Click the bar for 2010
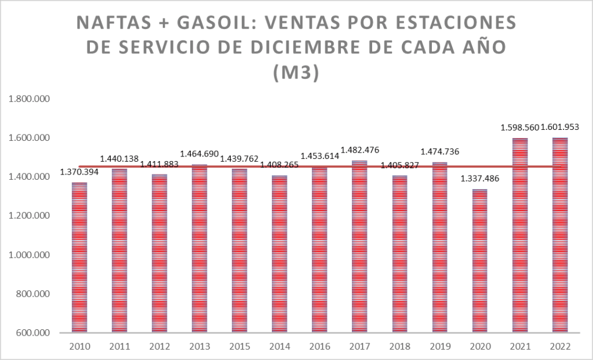(79, 258)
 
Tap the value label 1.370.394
(80, 173)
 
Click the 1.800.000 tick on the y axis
(29, 99)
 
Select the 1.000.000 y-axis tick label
(29, 255)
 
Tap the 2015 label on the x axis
(239, 346)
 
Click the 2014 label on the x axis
(279, 346)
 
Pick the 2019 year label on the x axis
(439, 346)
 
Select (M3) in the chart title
(296, 74)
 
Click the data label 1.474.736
(439, 152)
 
